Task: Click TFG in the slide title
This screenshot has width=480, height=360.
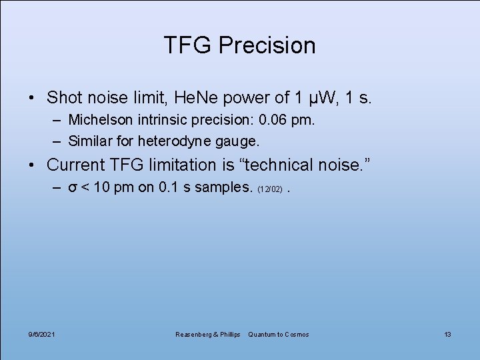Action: pos(188,45)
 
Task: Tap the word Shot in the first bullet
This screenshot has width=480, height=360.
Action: pos(65,98)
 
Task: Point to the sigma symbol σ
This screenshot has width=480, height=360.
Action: pos(73,187)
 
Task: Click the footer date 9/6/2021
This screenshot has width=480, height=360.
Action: pos(41,334)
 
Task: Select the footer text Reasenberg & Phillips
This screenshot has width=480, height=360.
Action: pos(207,334)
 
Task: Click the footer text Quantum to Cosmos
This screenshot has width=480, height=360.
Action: pos(279,334)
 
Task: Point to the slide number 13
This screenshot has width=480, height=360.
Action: pos(447,334)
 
